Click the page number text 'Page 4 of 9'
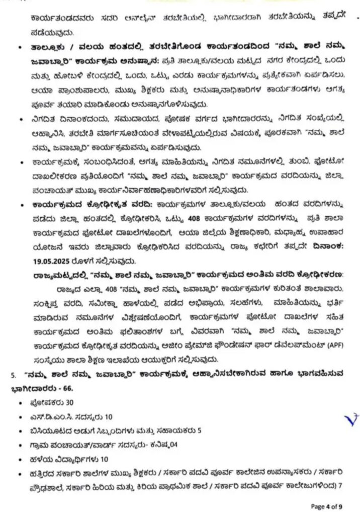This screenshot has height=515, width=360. pos(326,505)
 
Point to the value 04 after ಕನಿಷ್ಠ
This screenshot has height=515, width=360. pos(173,445)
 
